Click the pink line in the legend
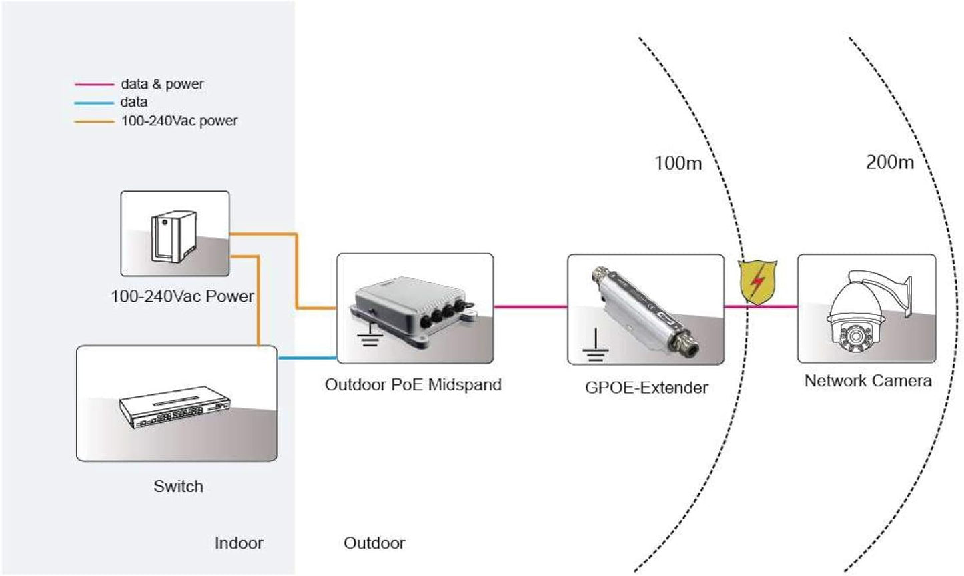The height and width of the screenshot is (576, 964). click(94, 85)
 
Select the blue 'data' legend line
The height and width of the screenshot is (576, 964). click(94, 103)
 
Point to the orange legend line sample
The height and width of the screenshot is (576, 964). click(94, 121)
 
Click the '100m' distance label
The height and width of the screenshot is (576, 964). click(678, 163)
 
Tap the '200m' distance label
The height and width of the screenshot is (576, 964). click(889, 162)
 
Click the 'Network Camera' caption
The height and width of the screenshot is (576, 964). click(867, 381)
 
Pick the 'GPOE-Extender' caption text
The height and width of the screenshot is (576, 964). click(646, 388)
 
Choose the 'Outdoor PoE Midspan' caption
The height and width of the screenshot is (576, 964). click(413, 385)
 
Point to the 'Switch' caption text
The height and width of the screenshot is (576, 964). click(178, 487)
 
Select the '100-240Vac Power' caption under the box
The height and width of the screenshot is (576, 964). click(182, 296)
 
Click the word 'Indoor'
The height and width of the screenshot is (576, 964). click(238, 543)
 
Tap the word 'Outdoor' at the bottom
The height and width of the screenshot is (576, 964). click(374, 543)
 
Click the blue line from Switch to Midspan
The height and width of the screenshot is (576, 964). click(306, 358)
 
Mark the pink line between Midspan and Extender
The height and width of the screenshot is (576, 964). click(530, 307)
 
